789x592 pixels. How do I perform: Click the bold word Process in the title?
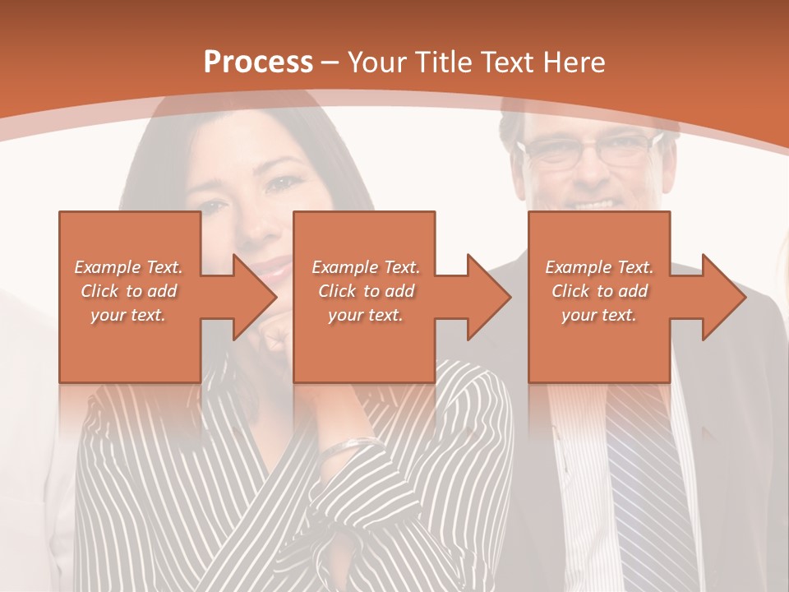(258, 62)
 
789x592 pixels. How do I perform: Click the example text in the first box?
(129, 291)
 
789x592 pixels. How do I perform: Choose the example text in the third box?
(599, 291)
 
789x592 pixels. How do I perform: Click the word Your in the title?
(374, 62)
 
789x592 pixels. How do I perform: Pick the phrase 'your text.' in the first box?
(129, 315)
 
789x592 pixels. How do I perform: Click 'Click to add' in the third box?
(599, 291)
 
